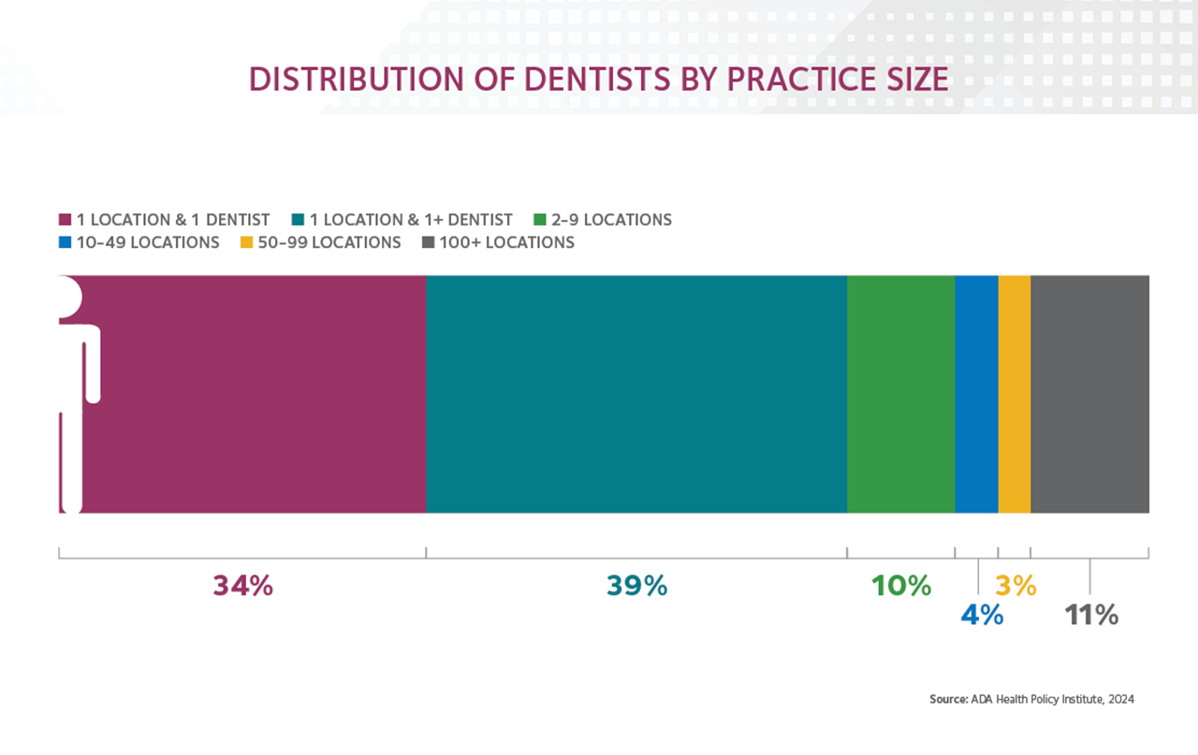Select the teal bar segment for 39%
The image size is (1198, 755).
pos(636,394)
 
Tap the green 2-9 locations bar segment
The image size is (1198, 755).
pos(900,394)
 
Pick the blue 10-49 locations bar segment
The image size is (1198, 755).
pos(976,394)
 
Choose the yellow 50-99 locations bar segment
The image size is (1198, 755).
pos(1015,394)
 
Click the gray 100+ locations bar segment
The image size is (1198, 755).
pos(1089,394)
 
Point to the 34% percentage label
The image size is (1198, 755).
pos(243,586)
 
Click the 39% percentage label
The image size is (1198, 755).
pos(636,586)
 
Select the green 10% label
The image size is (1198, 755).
pos(901,586)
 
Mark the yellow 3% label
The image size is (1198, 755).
pos(1015,586)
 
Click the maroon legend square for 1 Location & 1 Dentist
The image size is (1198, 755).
pos(65,221)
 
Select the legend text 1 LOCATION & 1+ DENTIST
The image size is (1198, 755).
pos(411,220)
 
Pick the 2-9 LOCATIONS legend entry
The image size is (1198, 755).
pos(611,220)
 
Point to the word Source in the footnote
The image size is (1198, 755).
pos(947,699)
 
